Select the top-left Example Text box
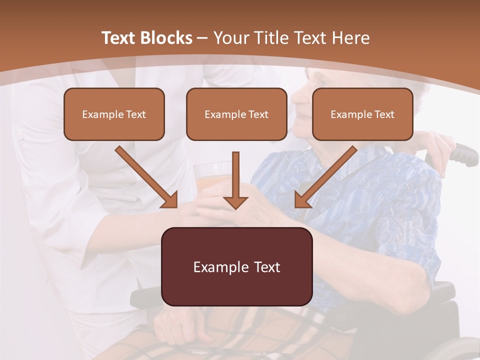click(114, 114)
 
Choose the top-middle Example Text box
click(236, 114)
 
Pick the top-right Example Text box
click(362, 114)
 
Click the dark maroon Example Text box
click(237, 266)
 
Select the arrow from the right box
click(325, 177)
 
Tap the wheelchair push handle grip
click(465, 154)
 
